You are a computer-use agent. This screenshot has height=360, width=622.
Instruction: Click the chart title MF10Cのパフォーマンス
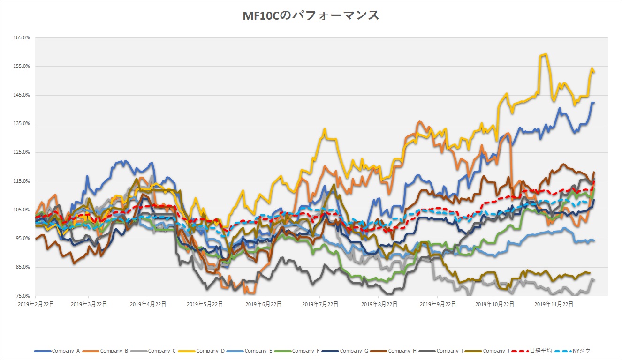(311, 15)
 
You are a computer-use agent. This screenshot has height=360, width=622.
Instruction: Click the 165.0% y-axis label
(22, 38)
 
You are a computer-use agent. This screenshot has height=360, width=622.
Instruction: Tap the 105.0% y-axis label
(22, 210)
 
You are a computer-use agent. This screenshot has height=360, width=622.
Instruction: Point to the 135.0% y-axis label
(22, 124)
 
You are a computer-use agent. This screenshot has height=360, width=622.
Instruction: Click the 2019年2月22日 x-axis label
(35, 304)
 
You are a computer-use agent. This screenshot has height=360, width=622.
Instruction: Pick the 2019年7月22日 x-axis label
(320, 304)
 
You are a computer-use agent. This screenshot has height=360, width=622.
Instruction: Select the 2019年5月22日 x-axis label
(204, 304)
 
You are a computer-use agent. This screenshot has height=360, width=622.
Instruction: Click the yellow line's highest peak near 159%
(545, 54)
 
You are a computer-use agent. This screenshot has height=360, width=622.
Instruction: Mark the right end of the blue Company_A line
(594, 103)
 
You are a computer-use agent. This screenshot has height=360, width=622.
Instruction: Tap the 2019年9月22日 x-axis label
(437, 304)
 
